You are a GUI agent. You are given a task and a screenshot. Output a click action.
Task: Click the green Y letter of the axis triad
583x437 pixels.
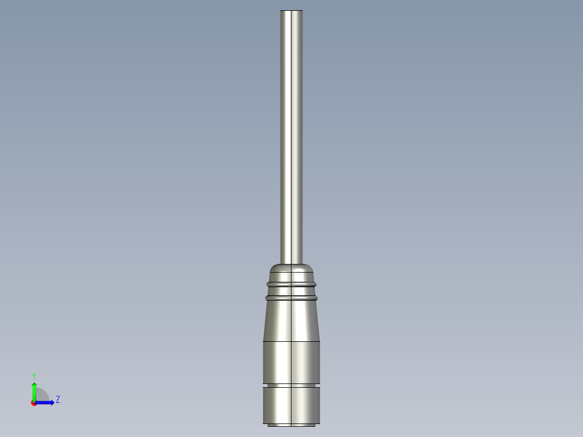[34, 375]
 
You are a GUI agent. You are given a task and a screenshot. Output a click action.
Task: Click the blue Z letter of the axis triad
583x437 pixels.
[58, 400]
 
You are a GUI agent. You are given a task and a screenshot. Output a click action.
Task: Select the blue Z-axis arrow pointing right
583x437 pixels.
[45, 402]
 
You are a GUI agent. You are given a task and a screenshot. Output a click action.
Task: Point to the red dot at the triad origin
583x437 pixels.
[34, 403]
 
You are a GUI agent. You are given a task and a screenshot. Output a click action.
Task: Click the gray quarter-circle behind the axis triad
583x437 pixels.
[42, 395]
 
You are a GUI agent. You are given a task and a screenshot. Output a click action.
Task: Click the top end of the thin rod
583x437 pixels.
[291, 12]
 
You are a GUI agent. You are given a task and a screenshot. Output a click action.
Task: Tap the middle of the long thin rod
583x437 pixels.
[291, 135]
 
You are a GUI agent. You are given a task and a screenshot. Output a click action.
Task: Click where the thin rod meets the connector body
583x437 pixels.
[291, 263]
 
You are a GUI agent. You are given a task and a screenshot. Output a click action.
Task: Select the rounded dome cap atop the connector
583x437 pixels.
[291, 269]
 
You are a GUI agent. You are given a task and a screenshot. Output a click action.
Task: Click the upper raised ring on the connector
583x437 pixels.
[291, 283]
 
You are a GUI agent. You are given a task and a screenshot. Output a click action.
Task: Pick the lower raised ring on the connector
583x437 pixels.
[291, 297]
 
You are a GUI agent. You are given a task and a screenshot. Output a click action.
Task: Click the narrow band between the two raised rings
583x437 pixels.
[291, 290]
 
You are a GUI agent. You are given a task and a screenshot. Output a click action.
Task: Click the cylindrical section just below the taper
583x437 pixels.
[291, 362]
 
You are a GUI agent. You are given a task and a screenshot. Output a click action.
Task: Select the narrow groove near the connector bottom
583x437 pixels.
[291, 385]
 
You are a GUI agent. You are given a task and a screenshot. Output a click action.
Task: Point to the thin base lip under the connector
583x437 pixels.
[291, 425]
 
